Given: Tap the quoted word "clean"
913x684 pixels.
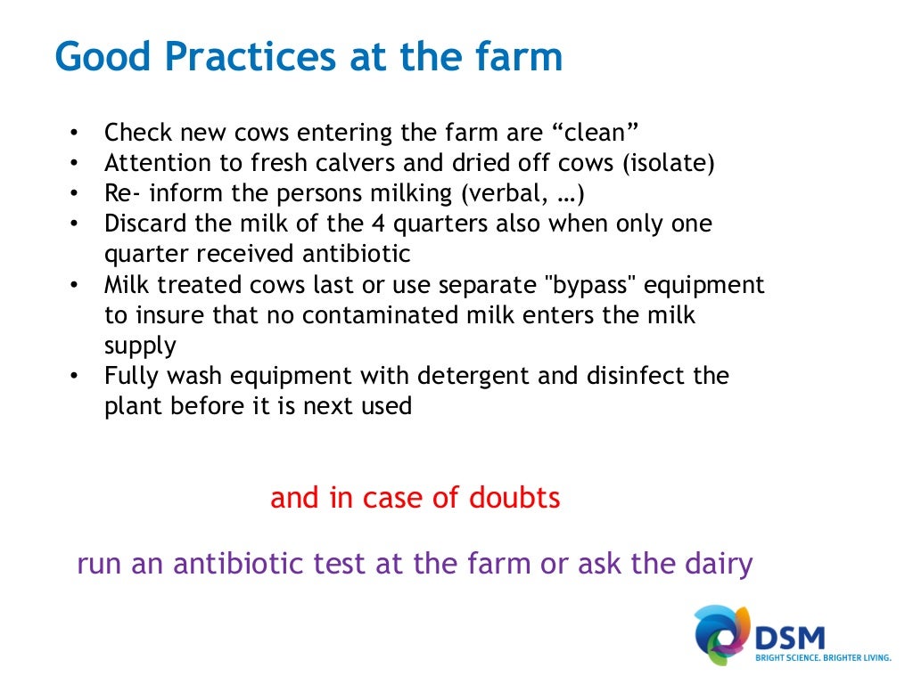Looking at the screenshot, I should [x=596, y=134].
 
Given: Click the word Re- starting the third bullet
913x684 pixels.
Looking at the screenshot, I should [x=120, y=194].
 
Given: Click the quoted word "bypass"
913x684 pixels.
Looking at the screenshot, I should [x=588, y=285].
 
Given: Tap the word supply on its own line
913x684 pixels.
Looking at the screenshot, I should [x=140, y=346].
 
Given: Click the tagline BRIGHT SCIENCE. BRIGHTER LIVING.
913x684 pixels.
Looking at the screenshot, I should [x=823, y=659].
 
